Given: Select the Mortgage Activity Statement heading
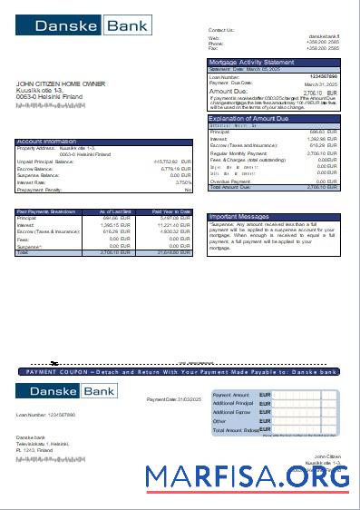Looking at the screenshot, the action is tap(251, 62).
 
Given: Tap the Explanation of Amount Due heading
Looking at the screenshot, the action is tap(248, 119).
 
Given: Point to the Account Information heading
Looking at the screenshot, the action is tap(47, 142).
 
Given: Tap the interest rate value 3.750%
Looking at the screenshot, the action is tap(182, 182).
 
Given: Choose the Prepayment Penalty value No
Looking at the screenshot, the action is tap(188, 190).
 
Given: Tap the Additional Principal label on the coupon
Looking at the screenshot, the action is tap(231, 405).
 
